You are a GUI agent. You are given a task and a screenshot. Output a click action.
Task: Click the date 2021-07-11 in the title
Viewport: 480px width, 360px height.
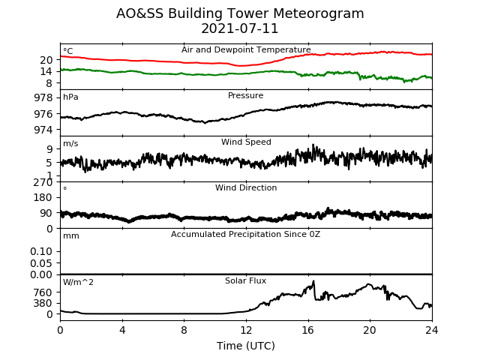click(x=240, y=28)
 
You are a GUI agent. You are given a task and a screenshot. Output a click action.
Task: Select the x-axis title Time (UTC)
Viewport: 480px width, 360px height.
click(x=246, y=346)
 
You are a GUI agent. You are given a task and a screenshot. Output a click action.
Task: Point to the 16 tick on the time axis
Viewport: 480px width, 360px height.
click(x=308, y=330)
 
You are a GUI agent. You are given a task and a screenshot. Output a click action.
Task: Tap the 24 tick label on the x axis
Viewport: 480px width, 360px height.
click(x=432, y=330)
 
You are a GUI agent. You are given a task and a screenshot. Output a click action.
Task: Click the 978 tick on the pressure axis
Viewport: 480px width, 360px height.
click(x=43, y=98)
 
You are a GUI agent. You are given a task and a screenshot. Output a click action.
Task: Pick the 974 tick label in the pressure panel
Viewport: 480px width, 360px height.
click(x=43, y=130)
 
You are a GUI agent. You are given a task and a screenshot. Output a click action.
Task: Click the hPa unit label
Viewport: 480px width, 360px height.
click(x=70, y=97)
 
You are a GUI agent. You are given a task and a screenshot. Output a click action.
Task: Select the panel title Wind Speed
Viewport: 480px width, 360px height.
click(x=246, y=142)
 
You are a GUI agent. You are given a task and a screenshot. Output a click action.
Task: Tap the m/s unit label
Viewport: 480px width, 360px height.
click(x=70, y=143)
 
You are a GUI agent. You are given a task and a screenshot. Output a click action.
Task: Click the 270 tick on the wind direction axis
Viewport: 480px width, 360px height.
click(x=43, y=182)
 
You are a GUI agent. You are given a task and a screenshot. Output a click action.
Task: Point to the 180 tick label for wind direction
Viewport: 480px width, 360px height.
click(x=43, y=198)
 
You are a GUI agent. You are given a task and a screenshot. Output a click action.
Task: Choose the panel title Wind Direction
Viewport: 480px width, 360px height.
click(x=246, y=187)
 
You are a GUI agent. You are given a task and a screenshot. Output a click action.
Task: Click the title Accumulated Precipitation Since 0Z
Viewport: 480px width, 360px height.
click(x=245, y=235)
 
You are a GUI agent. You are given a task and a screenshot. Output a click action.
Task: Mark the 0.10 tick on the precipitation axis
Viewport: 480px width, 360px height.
click(x=41, y=252)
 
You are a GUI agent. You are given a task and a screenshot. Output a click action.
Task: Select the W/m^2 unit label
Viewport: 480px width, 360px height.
click(x=78, y=282)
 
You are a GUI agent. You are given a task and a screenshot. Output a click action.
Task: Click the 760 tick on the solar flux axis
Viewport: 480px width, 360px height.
click(x=43, y=292)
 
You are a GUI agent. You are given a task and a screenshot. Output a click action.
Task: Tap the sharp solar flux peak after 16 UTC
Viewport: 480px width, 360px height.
click(x=313, y=281)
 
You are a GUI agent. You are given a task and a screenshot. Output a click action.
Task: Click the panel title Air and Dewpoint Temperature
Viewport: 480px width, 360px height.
click(x=246, y=49)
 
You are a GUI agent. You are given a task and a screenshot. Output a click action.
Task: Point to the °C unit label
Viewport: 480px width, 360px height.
click(x=68, y=51)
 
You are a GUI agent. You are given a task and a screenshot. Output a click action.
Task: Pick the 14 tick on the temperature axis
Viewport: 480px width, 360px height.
click(x=46, y=72)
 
